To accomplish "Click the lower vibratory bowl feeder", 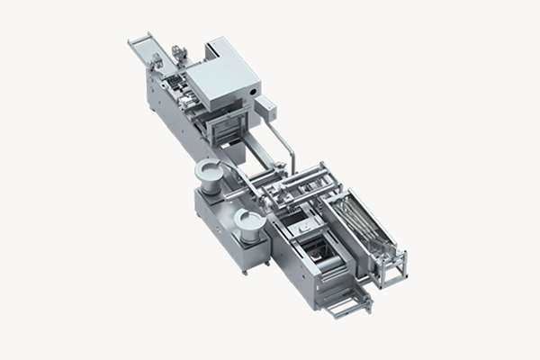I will point(247,220).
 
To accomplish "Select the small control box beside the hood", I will point(265,110).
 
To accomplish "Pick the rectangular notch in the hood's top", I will point(217,46).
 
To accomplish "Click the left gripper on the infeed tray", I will point(156,60).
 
